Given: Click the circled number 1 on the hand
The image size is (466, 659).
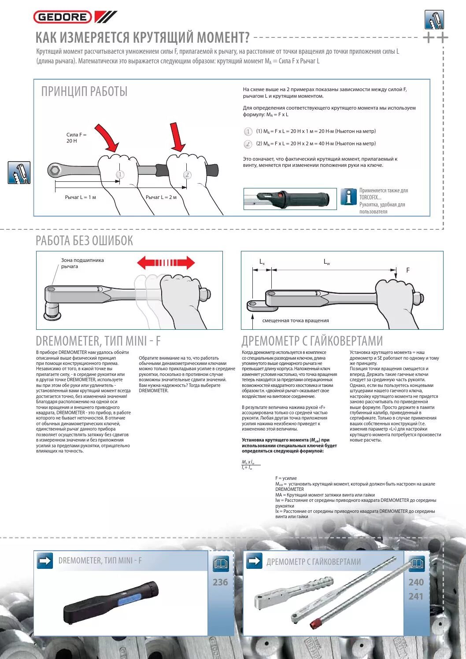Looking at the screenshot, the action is pyautogui.click(x=120, y=175).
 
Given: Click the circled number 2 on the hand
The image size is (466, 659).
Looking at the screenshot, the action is pyautogui.click(x=187, y=175).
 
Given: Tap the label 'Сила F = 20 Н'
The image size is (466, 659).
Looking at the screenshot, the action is pyautogui.click(x=76, y=138).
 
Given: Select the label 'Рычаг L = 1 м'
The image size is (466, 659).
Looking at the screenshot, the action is pyautogui.click(x=80, y=197).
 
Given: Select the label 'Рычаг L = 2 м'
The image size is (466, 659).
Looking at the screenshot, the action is pyautogui.click(x=161, y=197).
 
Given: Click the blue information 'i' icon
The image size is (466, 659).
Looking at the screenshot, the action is pyautogui.click(x=348, y=197).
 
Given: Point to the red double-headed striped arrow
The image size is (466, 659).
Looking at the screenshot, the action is pyautogui.click(x=166, y=263).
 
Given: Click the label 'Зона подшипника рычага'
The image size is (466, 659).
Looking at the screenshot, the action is pyautogui.click(x=82, y=263).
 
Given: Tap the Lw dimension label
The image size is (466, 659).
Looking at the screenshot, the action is pyautogui.click(x=327, y=262).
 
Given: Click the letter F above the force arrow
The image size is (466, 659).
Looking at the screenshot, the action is pyautogui.click(x=408, y=270).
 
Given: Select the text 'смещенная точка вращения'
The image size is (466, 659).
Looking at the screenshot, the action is pyautogui.click(x=296, y=320).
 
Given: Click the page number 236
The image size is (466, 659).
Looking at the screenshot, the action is pyautogui.click(x=220, y=582).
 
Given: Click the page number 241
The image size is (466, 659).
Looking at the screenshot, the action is pyautogui.click(x=416, y=596).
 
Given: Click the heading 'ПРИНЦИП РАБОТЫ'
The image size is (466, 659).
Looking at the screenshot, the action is pyautogui.click(x=84, y=92).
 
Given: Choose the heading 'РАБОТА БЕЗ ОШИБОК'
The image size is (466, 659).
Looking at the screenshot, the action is pyautogui.click(x=84, y=241).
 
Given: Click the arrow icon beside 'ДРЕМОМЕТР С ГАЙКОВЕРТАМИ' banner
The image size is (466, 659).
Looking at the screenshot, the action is pyautogui.click(x=254, y=561).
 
